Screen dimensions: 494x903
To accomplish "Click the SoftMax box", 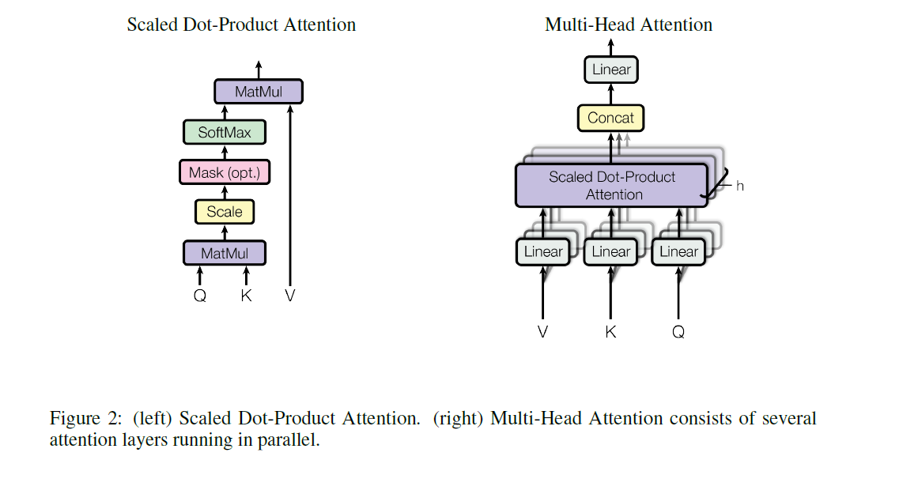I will [x=224, y=132].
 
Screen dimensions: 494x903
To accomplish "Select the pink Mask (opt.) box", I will [x=225, y=172].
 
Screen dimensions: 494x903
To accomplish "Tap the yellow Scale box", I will [x=225, y=212].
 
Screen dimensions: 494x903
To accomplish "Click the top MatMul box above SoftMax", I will [x=259, y=92].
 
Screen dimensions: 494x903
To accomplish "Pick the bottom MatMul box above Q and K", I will [x=225, y=253].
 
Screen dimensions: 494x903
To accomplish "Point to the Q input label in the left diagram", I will [x=200, y=296].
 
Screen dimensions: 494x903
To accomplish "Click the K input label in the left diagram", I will [x=246, y=296].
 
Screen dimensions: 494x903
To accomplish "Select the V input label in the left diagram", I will [x=290, y=296].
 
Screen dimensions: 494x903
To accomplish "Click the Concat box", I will [x=610, y=118].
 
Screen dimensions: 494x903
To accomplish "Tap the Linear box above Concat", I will [x=611, y=70].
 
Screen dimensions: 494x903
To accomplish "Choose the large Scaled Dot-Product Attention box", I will [x=611, y=186].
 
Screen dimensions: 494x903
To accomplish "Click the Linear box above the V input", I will [x=543, y=252].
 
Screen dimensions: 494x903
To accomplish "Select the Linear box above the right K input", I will [x=611, y=252].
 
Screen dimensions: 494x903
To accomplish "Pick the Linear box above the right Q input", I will [x=678, y=252].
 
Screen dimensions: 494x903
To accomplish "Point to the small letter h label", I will [x=740, y=187].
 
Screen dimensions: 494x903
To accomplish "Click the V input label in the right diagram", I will [x=542, y=332].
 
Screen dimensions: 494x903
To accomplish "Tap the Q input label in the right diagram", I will [x=678, y=332].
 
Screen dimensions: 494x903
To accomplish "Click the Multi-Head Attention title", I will [x=629, y=25].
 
